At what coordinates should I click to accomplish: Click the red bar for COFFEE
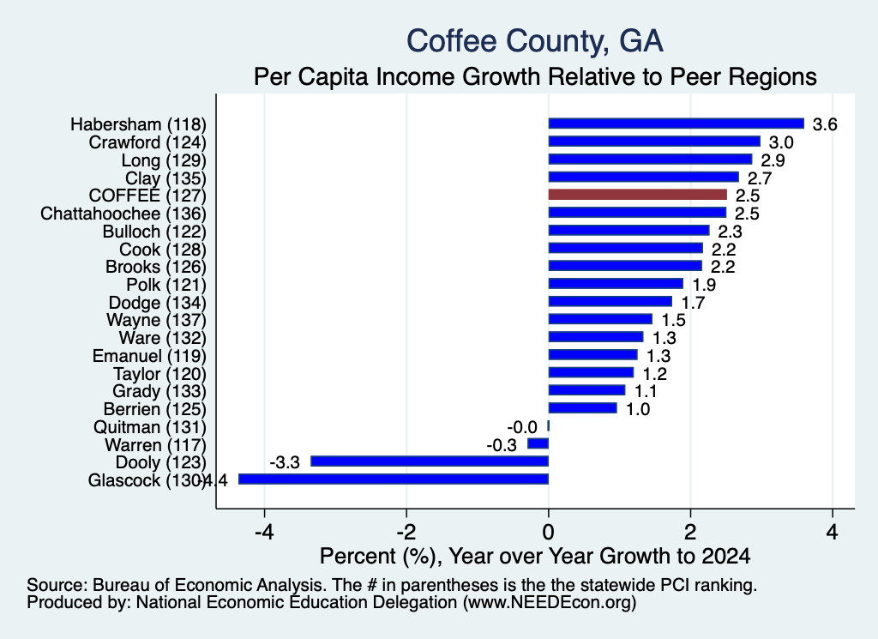click(x=637, y=195)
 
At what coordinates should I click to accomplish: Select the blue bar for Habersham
click(x=676, y=124)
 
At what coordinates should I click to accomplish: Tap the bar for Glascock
click(x=394, y=479)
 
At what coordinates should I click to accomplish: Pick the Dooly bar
click(x=430, y=461)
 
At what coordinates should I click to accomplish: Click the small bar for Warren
click(x=538, y=443)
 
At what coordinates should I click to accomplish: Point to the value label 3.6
click(x=825, y=124)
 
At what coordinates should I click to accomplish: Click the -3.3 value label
click(x=285, y=462)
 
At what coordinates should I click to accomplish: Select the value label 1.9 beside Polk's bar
click(x=704, y=285)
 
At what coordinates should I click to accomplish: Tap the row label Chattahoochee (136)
click(x=123, y=214)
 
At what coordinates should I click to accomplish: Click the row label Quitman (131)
click(x=149, y=427)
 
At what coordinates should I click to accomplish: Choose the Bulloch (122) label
click(x=154, y=232)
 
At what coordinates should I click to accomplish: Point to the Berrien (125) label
click(x=154, y=409)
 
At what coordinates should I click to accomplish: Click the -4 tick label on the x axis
click(x=264, y=532)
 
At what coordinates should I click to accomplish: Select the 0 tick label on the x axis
click(x=548, y=532)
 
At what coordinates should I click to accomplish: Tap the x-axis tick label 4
click(x=833, y=532)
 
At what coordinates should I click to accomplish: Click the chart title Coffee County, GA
click(x=535, y=41)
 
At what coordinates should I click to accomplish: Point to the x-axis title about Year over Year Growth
click(x=535, y=556)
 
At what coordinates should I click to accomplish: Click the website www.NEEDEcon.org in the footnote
click(x=550, y=603)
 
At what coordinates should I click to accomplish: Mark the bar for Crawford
click(x=654, y=142)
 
